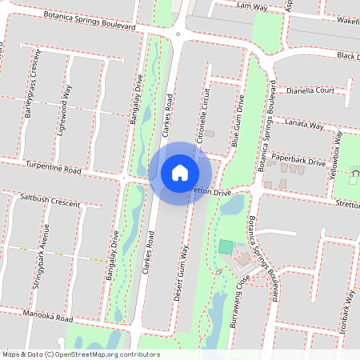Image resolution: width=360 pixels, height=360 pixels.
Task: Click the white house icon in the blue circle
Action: pyautogui.click(x=180, y=172)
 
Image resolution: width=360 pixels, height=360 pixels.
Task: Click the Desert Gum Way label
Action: pyautogui.click(x=182, y=273)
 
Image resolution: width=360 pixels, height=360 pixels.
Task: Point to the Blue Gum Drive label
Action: pyautogui.click(x=237, y=120)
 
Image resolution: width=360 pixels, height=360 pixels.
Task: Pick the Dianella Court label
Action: pyautogui.click(x=310, y=90)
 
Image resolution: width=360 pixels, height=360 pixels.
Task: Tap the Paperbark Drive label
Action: pyautogui.click(x=298, y=161)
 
